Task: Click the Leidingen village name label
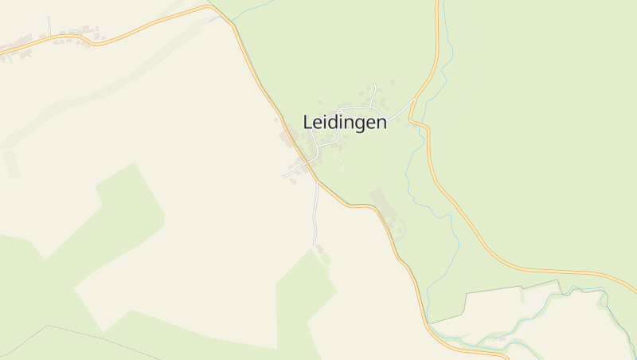(345, 123)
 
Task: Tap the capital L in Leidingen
(307, 122)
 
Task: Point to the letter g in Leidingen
(355, 124)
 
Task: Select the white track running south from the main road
(316, 215)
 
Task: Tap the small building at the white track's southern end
(321, 249)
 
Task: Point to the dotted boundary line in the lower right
(510, 288)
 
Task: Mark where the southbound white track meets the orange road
(318, 182)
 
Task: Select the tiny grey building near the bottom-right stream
(501, 338)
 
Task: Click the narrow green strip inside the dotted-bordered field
(522, 295)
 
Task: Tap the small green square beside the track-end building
(326, 259)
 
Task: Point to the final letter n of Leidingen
(381, 123)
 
